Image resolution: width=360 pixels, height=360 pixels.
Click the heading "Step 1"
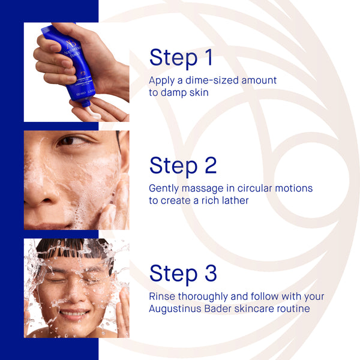(181, 58)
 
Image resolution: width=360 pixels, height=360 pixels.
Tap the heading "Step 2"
(183, 166)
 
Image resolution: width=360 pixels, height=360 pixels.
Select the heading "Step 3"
(183, 274)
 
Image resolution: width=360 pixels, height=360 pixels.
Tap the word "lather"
(234, 200)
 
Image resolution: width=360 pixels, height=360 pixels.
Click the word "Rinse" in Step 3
(163, 296)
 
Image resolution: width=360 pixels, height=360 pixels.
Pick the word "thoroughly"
(206, 296)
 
